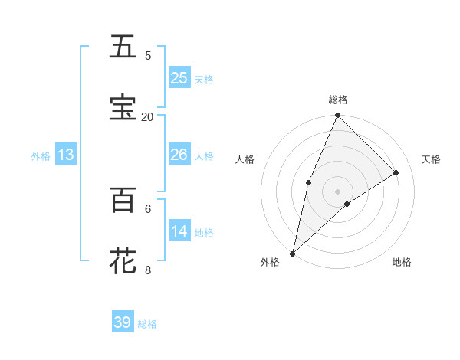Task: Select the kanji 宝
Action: click(x=123, y=107)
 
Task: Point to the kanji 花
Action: click(x=123, y=260)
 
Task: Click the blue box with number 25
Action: click(x=179, y=78)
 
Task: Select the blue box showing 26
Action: click(x=179, y=155)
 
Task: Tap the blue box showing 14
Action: click(x=179, y=231)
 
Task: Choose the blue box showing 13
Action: click(x=66, y=155)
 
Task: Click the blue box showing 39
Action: click(x=123, y=322)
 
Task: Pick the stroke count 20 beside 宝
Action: click(x=148, y=116)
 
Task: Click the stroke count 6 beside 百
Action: click(x=148, y=208)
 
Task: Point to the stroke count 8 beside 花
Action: click(x=148, y=269)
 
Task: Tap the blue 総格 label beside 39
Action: click(x=147, y=324)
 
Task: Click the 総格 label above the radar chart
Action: click(x=338, y=100)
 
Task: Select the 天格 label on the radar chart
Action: click(x=431, y=159)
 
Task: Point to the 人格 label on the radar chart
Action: click(x=245, y=159)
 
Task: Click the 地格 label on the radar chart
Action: click(x=402, y=262)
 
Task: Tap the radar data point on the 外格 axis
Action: click(x=292, y=253)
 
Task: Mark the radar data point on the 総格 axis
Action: click(x=338, y=116)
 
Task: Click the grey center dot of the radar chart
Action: click(x=338, y=191)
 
